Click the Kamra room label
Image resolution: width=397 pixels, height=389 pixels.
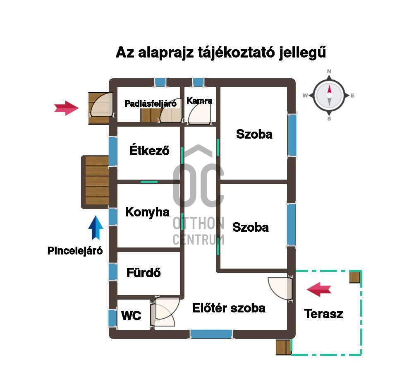pos(199,101)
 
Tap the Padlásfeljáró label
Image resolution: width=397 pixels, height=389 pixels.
pos(151,103)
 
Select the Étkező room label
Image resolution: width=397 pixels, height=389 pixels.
pos(149,150)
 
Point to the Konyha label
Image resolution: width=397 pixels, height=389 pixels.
pos(147,212)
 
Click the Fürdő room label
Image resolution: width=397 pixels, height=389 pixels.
pos(143,273)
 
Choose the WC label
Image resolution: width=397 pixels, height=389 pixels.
pos(131,315)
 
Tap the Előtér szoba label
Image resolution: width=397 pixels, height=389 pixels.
pos(229,308)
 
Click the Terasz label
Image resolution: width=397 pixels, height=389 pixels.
pos(323,314)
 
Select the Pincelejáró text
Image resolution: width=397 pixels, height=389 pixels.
pos(75,251)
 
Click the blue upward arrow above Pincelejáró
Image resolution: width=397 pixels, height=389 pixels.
pos(96,228)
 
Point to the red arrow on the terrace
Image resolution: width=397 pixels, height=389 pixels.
pos(319,289)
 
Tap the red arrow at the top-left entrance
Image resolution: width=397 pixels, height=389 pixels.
pos(66,108)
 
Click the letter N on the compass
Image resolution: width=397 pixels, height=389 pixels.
pos(329,71)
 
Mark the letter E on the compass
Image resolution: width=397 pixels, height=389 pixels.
pos(352,96)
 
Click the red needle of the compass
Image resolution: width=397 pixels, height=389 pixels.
pos(329,90)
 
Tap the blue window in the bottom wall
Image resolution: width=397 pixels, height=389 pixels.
pos(211,334)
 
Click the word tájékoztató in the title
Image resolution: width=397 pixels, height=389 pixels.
pos(236,53)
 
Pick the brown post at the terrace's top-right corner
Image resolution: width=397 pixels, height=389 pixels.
pos(355,277)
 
